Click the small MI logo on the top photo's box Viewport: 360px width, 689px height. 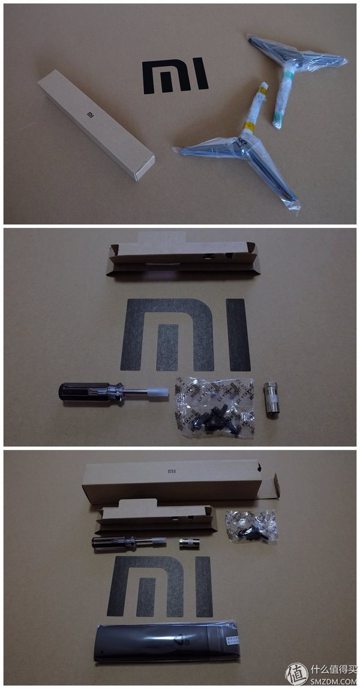pyautogui.click(x=91, y=112)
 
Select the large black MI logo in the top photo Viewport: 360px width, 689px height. pyautogui.click(x=175, y=76)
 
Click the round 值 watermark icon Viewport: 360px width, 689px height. pyautogui.click(x=296, y=673)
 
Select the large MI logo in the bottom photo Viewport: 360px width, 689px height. pyautogui.click(x=160, y=586)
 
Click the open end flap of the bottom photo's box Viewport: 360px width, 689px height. pyautogui.click(x=269, y=485)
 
